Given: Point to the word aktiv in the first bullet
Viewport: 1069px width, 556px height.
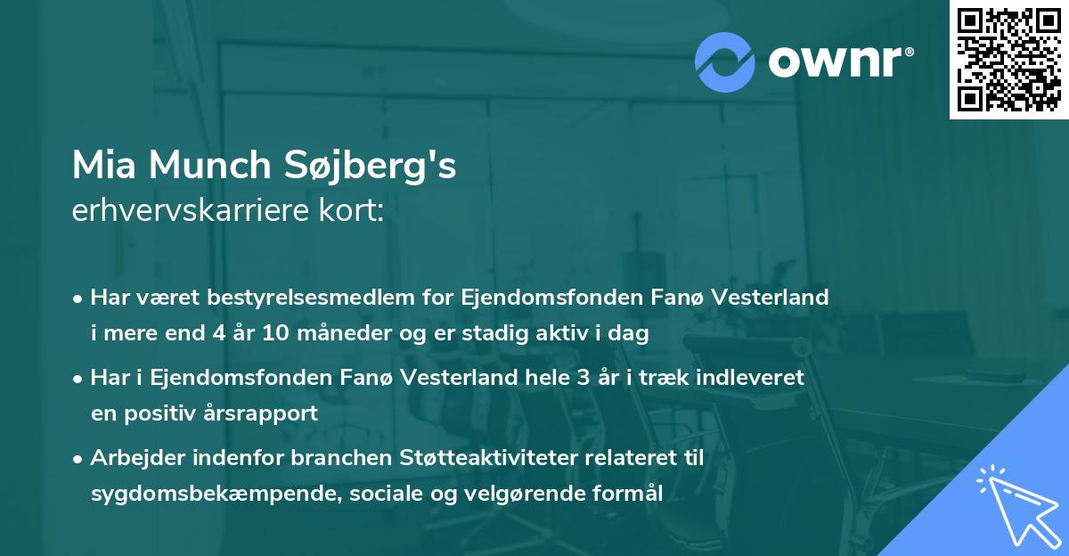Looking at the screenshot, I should tap(561, 334).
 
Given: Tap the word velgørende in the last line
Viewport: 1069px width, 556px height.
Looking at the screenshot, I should tap(530, 495).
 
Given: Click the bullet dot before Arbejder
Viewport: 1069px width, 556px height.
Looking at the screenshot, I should tap(79, 459).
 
